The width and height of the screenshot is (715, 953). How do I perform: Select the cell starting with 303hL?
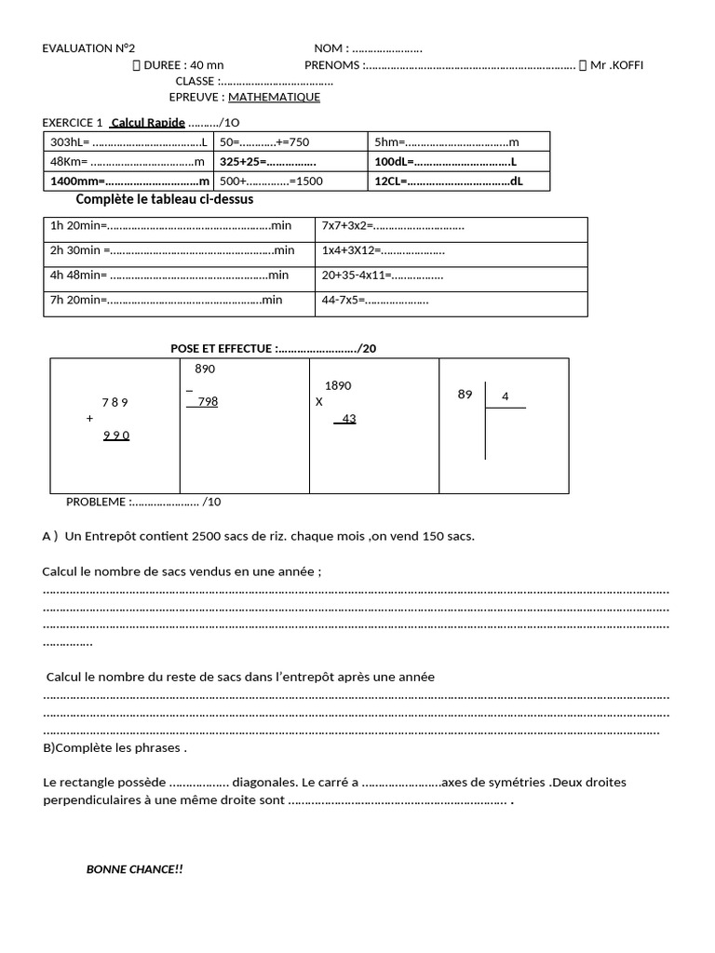point(128,142)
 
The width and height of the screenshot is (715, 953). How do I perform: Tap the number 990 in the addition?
point(116,436)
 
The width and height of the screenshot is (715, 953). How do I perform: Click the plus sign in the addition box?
point(90,419)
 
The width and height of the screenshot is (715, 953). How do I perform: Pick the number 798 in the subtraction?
point(207,402)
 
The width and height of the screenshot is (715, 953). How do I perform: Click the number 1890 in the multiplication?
point(338,386)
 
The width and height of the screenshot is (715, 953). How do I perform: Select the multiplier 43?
point(348,419)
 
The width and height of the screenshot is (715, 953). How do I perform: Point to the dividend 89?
point(465,395)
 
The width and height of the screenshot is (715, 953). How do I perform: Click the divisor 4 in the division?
point(505,396)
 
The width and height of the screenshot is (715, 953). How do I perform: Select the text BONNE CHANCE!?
point(135,869)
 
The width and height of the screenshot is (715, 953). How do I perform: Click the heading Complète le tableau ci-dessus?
point(164,199)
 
